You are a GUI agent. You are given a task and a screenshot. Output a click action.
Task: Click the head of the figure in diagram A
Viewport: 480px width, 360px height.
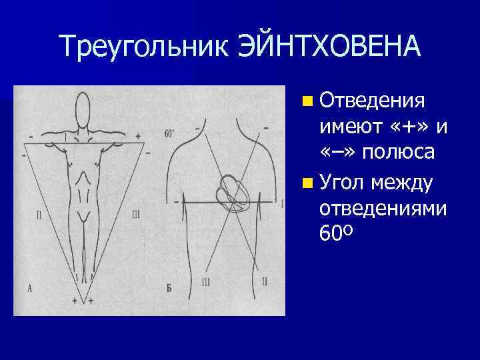pos(83,107)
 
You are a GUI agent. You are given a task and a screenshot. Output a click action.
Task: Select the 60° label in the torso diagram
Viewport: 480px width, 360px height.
pos(169,133)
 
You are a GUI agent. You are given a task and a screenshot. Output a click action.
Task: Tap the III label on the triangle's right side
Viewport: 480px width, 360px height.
pos(135,214)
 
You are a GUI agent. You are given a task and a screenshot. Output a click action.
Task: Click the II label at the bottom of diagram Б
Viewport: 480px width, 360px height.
pos(265,282)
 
